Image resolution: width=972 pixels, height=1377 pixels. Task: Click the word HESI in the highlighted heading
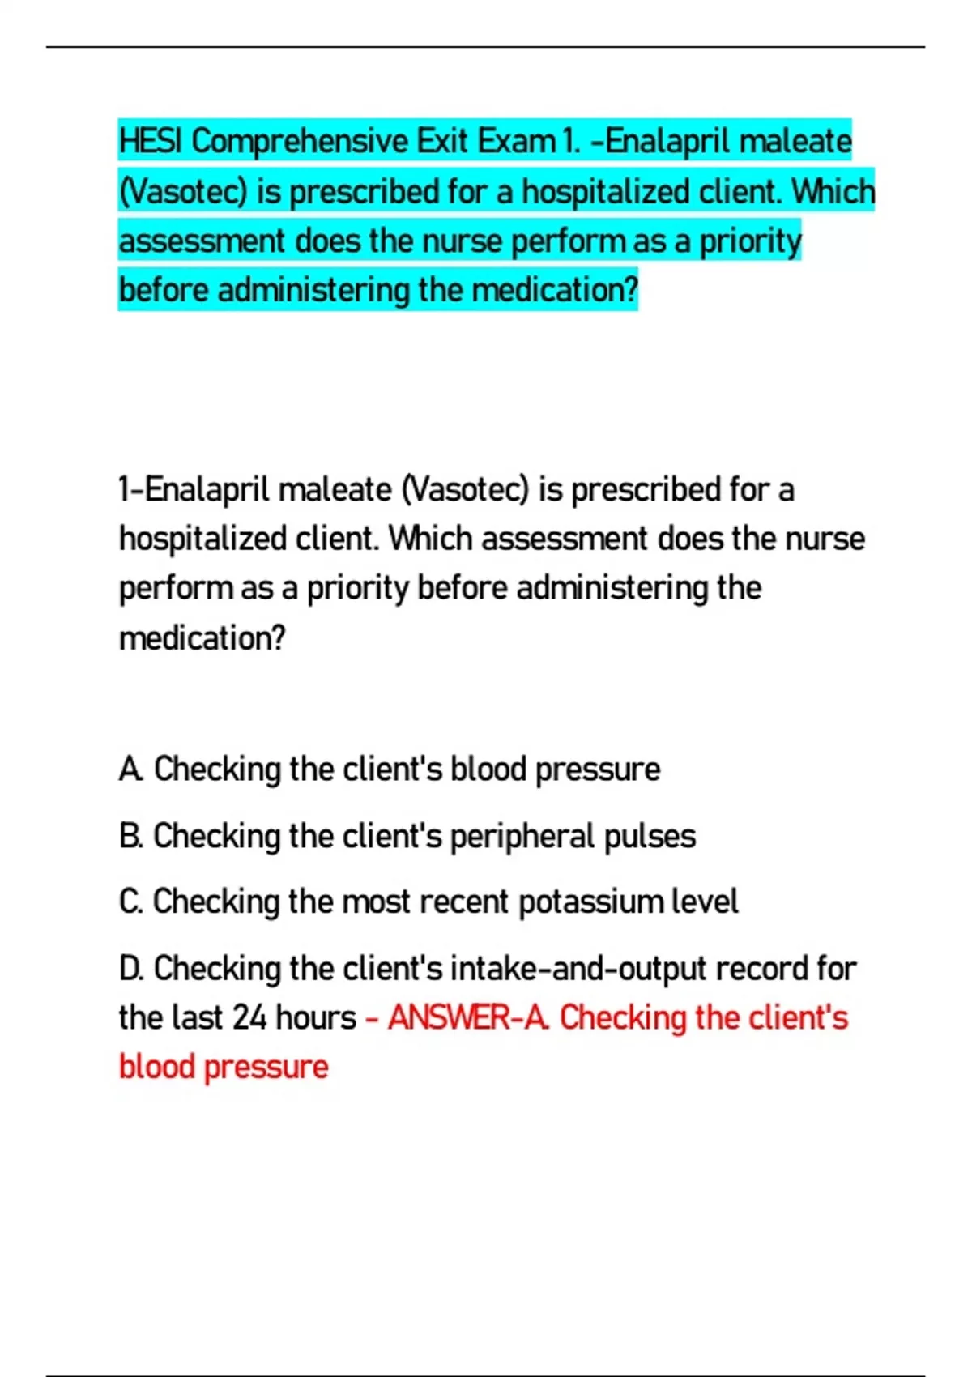click(x=151, y=142)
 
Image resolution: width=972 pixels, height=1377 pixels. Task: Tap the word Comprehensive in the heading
click(x=300, y=142)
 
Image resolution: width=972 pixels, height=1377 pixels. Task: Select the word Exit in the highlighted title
click(x=442, y=142)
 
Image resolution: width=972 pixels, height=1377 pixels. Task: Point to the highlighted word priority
click(x=750, y=241)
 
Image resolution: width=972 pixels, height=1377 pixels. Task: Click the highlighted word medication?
click(x=555, y=290)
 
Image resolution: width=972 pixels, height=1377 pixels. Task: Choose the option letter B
click(x=130, y=836)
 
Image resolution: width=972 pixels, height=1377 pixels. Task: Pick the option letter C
click(x=130, y=902)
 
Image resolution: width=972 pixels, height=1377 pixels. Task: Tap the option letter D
click(x=130, y=968)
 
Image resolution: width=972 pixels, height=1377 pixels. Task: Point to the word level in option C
click(x=705, y=902)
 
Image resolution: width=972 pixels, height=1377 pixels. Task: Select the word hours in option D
click(x=316, y=1018)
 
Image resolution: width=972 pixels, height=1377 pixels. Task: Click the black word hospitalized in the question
click(x=202, y=539)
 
